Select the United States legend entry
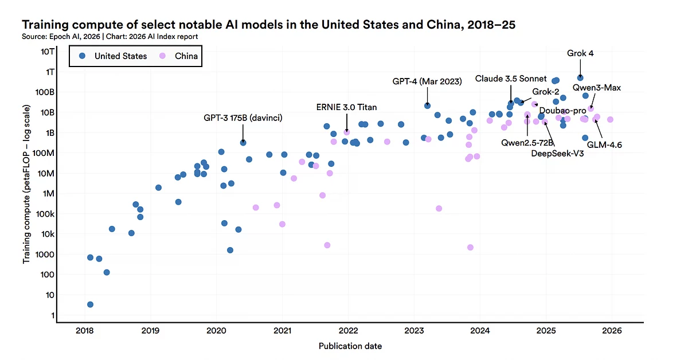point(114,56)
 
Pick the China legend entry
point(180,56)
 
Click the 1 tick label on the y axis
point(52,315)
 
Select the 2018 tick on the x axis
point(84,331)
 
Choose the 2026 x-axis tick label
point(612,331)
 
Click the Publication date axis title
point(350,346)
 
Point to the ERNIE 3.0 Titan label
point(346,107)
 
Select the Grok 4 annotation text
point(580,53)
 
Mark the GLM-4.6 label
point(604,145)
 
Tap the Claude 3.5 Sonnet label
point(510,79)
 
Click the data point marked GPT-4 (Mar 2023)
point(427,105)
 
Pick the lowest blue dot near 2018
point(90,304)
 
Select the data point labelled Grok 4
point(580,77)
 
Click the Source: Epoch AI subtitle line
point(110,37)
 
